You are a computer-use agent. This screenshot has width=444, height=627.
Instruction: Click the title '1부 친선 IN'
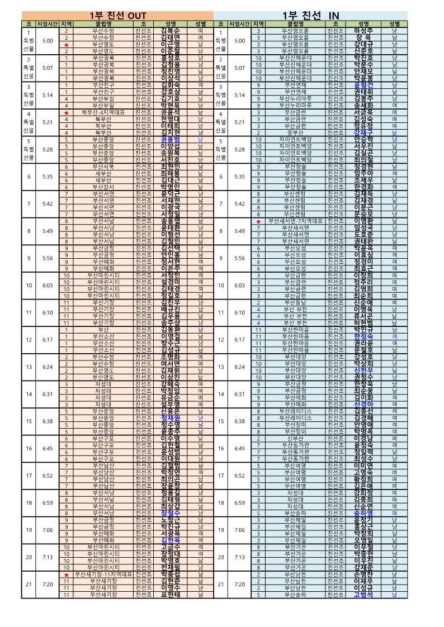point(310,15)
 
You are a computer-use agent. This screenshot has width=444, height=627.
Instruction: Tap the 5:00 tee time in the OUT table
point(48,41)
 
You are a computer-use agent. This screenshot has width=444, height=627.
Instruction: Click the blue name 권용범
point(170,139)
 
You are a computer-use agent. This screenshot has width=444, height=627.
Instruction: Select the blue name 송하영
point(363,513)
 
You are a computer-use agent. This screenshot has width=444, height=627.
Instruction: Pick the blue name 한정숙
point(363,336)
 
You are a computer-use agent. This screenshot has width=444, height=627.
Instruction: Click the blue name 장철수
point(170,513)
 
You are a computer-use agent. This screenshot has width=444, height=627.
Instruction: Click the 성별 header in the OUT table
point(200,24)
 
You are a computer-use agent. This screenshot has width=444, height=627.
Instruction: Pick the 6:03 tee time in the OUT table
point(48,285)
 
